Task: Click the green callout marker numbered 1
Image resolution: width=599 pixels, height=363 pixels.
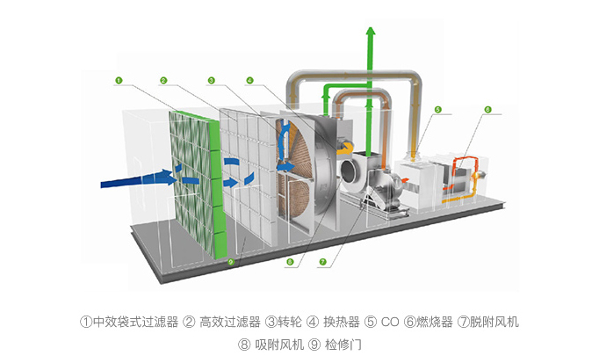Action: pyautogui.click(x=118, y=80)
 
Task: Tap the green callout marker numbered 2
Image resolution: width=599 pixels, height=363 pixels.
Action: pyautogui.click(x=163, y=80)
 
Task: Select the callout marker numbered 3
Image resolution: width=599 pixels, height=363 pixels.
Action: pyautogui.click(x=212, y=80)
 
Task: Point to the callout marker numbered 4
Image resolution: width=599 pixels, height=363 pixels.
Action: pyautogui.click(x=249, y=80)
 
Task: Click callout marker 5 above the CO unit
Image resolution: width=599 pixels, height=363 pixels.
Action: pyautogui.click(x=437, y=110)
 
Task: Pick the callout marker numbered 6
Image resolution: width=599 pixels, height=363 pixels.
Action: pyautogui.click(x=487, y=110)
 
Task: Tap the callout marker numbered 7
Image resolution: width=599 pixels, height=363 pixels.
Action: pyautogui.click(x=322, y=261)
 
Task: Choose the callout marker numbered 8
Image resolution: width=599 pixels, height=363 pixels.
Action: pyautogui.click(x=290, y=261)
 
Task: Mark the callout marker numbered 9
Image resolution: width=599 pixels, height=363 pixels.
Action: pyautogui.click(x=231, y=261)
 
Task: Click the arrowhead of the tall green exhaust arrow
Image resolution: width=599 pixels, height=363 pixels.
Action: pyautogui.click(x=371, y=33)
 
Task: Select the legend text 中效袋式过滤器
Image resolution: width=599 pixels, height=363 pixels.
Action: pyautogui.click(x=133, y=322)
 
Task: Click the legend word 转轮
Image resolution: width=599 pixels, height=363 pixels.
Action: pyautogui.click(x=289, y=322)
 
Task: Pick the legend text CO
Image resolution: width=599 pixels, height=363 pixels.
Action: pyautogui.click(x=390, y=322)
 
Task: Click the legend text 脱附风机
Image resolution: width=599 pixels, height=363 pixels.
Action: pyautogui.click(x=494, y=322)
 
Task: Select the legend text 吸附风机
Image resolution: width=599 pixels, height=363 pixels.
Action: pyautogui.click(x=278, y=345)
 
